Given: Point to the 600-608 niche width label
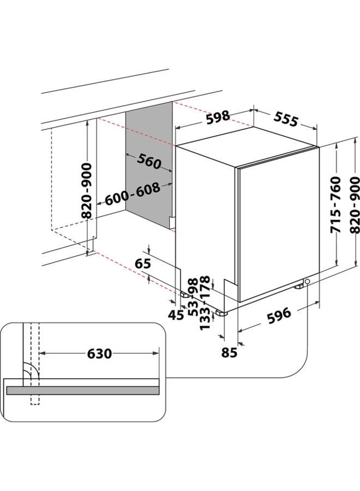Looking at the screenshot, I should click(133, 194).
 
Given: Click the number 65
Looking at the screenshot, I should click(142, 264).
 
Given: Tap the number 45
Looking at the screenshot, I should click(175, 315).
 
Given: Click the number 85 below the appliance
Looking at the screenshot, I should click(230, 352).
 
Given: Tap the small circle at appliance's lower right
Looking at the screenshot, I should click(308, 282).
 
